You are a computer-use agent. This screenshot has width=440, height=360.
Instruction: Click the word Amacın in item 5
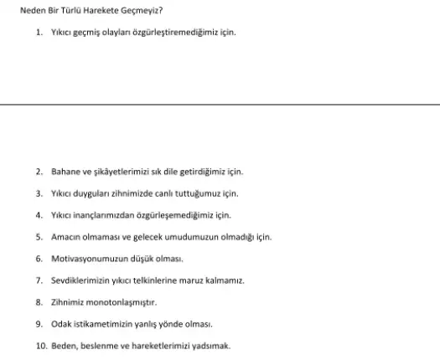(65, 237)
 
